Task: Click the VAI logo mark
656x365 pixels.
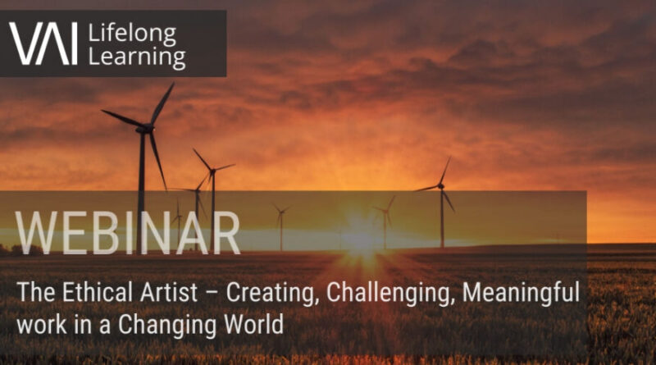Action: point(43,43)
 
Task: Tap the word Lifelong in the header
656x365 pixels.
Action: point(132,34)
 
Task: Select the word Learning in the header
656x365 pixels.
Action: point(137,57)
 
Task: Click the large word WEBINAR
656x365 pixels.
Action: point(128,233)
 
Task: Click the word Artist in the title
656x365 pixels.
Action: point(169,292)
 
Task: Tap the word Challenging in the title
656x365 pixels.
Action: point(390,293)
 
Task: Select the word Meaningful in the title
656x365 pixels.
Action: point(521,293)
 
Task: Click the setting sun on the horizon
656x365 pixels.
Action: point(362,238)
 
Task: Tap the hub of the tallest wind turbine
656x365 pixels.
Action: point(147,129)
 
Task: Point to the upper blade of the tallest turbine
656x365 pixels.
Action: point(162,103)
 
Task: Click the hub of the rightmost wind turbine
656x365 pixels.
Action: point(440,185)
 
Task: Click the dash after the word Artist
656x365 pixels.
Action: point(212,294)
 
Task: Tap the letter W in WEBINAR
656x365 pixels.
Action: point(36,233)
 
